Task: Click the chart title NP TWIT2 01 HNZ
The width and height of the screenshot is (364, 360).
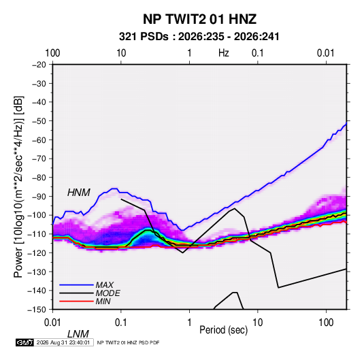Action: point(199,19)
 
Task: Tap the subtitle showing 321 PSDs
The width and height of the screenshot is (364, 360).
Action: point(199,37)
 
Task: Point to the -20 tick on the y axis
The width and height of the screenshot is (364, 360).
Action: point(39,65)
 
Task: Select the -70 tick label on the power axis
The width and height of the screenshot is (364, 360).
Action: point(39,159)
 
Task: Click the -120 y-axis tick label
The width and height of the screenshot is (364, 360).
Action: point(37,253)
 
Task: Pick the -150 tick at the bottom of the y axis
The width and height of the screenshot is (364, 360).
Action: point(37,310)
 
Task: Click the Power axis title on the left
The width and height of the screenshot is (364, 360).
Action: point(18,186)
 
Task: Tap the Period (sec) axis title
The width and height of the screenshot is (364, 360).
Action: point(224,330)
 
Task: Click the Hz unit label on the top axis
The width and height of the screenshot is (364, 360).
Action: point(224,53)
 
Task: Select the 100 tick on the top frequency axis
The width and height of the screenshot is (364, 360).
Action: point(52,53)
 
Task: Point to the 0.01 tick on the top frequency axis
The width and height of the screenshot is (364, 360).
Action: point(325,53)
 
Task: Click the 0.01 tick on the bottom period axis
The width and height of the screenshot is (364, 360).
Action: point(52,323)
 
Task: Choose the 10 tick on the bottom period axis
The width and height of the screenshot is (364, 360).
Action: point(257,323)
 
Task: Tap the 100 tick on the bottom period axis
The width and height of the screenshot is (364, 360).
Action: point(326,323)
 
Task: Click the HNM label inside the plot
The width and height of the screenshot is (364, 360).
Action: point(79,193)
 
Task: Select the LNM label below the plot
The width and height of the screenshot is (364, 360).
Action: point(78,334)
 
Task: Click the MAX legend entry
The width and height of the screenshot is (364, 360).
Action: point(86,285)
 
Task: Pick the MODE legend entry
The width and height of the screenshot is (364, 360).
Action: point(90,293)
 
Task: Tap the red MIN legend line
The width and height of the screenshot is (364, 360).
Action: point(76,301)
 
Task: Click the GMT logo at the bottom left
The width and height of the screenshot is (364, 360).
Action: point(24,342)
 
